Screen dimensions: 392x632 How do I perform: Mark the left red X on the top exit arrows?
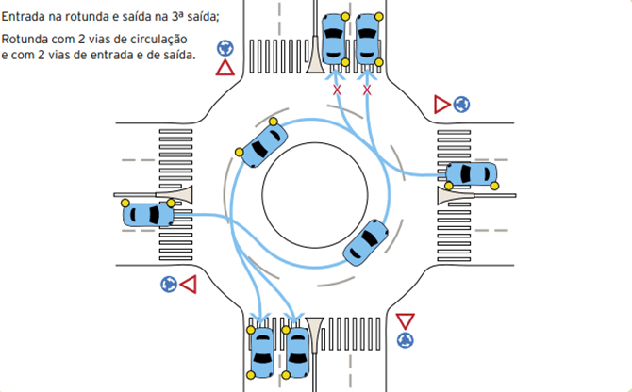[337, 90]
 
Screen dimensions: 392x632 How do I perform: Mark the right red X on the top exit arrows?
[368, 90]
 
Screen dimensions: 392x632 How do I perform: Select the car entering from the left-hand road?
[149, 214]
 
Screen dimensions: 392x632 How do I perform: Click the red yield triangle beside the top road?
[225, 68]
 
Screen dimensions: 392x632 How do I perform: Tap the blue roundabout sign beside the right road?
[461, 105]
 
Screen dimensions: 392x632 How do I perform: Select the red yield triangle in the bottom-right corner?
[406, 320]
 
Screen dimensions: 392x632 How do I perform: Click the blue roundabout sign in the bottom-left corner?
[168, 283]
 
